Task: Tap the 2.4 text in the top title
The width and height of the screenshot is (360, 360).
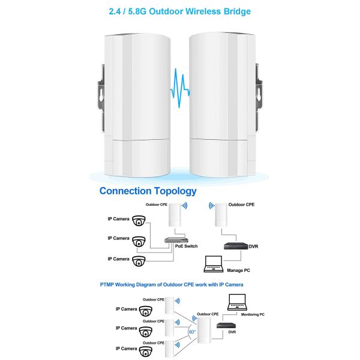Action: tap(116, 11)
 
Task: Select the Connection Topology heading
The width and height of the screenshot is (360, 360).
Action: tap(148, 191)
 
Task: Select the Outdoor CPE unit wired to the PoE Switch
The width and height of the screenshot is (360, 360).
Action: tap(176, 217)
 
